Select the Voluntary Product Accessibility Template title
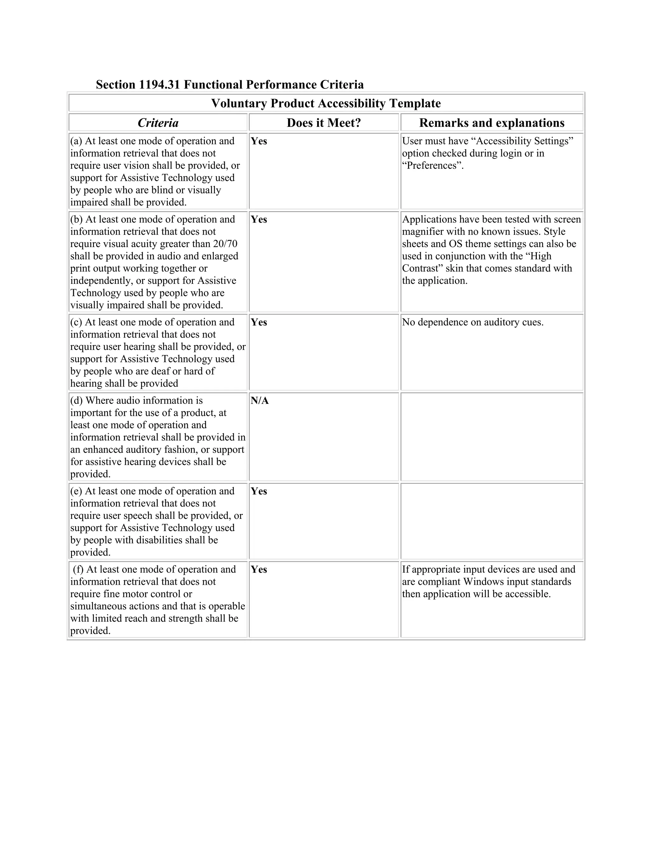point(326,103)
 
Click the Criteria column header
point(158,123)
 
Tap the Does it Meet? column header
point(324,123)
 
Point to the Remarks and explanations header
point(492,123)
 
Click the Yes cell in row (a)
point(259,141)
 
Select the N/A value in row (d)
point(259,401)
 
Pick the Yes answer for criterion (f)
point(259,570)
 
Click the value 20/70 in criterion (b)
point(225,244)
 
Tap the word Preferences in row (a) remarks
point(432,166)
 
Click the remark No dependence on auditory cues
point(472,322)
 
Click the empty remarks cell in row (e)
point(492,521)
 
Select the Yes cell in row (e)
point(259,491)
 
